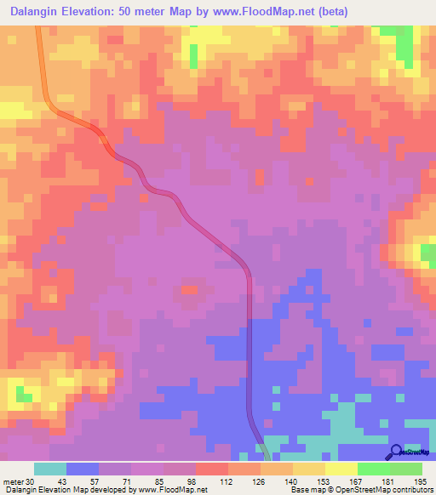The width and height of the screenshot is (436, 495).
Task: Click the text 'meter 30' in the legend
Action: point(18,481)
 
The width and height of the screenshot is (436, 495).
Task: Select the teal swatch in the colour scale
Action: point(50,469)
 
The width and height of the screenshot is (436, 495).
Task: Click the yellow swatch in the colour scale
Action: point(341,469)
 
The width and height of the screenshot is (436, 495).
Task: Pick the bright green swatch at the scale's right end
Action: point(406,469)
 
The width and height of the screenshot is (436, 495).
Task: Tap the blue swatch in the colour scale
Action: point(83,469)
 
